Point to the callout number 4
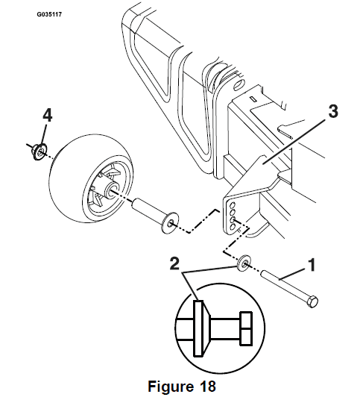point(46,116)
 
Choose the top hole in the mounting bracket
point(232,203)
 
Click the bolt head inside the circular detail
point(246,327)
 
